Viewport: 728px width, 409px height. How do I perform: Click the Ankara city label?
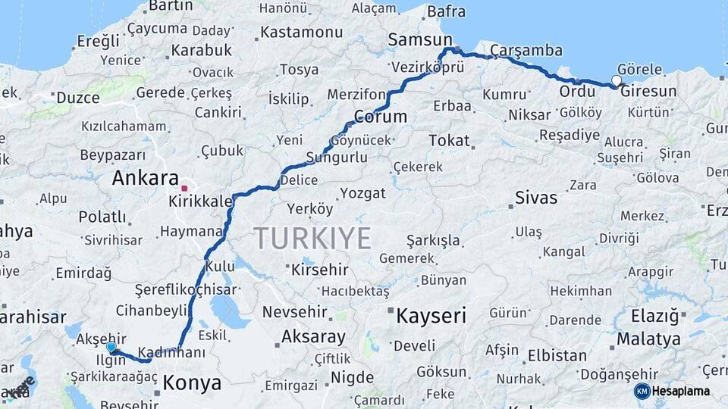pos(145,179)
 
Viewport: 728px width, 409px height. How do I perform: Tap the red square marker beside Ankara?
pos(184,187)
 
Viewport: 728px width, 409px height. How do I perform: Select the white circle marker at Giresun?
pos(617,80)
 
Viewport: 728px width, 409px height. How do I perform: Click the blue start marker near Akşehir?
pos(111,347)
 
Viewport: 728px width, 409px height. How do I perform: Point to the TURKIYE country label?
pos(312,238)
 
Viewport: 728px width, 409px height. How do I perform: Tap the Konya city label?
pos(193,382)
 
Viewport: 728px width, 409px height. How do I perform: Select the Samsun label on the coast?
pos(419,39)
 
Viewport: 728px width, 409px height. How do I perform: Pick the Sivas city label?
pos(536,198)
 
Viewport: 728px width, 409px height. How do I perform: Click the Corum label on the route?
pos(380,117)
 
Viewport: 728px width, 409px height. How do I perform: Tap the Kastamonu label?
pos(302,33)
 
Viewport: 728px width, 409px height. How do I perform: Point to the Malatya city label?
pos(648,339)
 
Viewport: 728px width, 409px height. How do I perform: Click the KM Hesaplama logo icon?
pos(642,391)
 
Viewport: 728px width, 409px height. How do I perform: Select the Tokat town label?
pos(449,141)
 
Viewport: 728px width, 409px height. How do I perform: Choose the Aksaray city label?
pos(313,336)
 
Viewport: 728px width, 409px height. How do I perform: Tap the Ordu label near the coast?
pos(577,92)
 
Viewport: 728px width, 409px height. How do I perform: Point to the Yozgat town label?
pos(362,193)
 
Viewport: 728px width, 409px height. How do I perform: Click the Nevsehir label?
pos(294,312)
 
